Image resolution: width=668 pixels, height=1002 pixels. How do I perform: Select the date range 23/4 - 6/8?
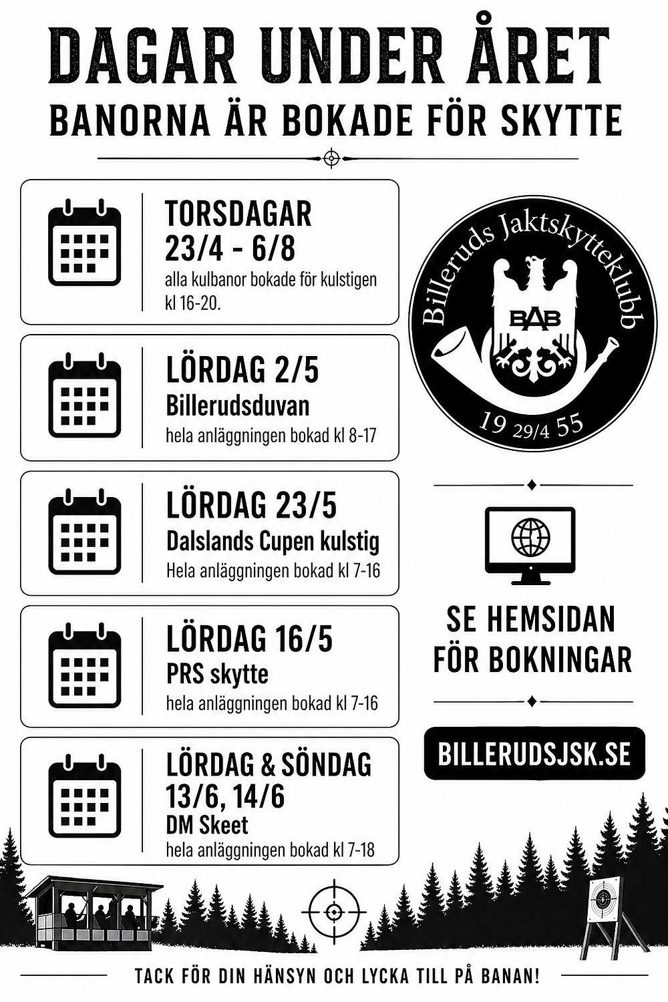230,249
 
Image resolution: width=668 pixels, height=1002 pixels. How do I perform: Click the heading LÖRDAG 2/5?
242,370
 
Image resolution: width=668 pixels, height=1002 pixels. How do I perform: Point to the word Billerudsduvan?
237,405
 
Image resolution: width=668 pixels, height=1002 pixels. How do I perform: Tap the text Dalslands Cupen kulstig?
273,540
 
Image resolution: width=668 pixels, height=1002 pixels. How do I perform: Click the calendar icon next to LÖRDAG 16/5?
84,666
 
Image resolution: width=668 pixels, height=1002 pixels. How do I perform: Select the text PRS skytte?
217,673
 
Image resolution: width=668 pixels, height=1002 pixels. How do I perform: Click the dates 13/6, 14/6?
225,796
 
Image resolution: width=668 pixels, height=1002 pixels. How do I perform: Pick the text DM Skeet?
206,825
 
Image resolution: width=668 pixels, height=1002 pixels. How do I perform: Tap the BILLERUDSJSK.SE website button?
534,754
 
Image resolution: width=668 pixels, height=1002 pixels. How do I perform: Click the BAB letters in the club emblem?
535,319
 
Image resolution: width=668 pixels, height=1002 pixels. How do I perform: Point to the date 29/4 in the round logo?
531,431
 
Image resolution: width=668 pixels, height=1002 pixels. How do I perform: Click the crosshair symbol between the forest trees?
333,910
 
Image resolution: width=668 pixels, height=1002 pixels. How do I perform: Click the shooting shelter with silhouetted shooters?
94,912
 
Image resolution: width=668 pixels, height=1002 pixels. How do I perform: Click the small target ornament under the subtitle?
331,158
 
